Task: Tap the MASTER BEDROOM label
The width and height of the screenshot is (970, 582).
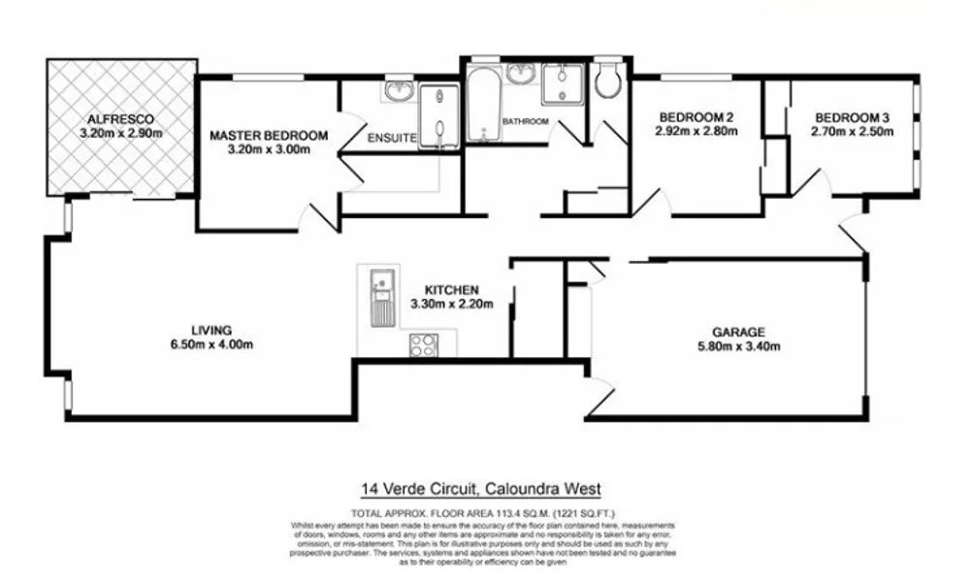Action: pos(269,136)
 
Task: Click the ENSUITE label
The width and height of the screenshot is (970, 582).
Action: pos(392,139)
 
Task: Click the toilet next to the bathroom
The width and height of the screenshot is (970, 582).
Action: pos(608,81)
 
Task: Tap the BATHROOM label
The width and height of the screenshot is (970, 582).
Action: pos(526,121)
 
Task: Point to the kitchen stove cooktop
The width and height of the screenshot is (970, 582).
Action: pos(424,344)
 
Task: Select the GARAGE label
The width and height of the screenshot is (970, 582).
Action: pos(739,331)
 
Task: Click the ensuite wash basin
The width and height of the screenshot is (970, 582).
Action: pos(400,91)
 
